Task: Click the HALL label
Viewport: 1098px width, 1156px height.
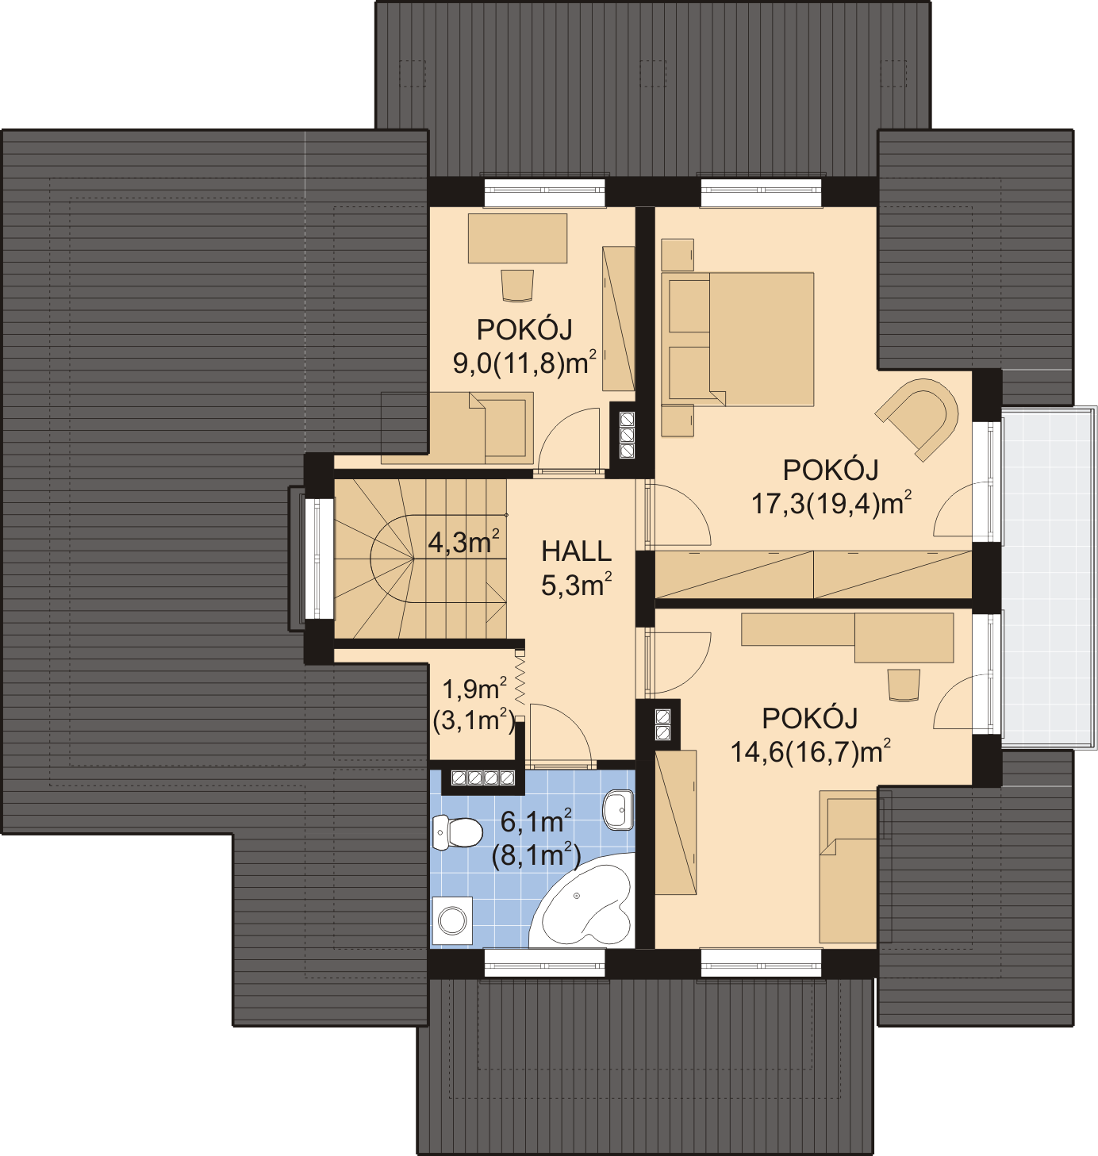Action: (576, 551)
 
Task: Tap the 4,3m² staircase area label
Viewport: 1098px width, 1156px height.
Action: (464, 542)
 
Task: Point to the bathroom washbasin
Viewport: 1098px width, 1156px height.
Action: (618, 809)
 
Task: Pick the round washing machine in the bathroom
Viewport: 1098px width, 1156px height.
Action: (452, 921)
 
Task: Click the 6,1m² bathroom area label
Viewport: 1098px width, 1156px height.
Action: (536, 822)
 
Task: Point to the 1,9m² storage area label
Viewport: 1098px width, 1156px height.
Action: (474, 689)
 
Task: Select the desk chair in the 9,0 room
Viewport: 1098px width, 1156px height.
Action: (517, 286)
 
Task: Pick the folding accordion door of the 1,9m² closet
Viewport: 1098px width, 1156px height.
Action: (520, 685)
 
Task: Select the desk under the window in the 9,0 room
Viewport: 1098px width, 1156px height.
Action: (517, 238)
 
